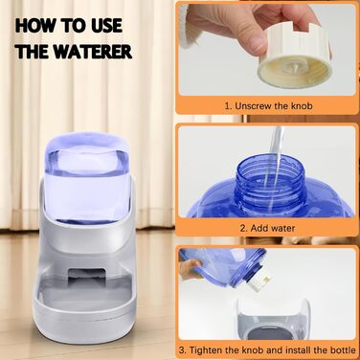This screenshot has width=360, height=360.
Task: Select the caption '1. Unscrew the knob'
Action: [x=268, y=106]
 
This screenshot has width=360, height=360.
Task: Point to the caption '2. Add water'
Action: [x=267, y=228]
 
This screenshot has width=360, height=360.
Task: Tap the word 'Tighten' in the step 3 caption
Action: [x=206, y=349]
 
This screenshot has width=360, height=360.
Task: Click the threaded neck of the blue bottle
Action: [x=270, y=179]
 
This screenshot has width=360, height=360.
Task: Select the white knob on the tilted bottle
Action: [x=261, y=281]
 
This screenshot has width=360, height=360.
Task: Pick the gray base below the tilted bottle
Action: [x=274, y=319]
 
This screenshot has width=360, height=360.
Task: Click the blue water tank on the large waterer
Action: [x=86, y=177]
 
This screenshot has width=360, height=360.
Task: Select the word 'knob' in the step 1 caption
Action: [x=302, y=106]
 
